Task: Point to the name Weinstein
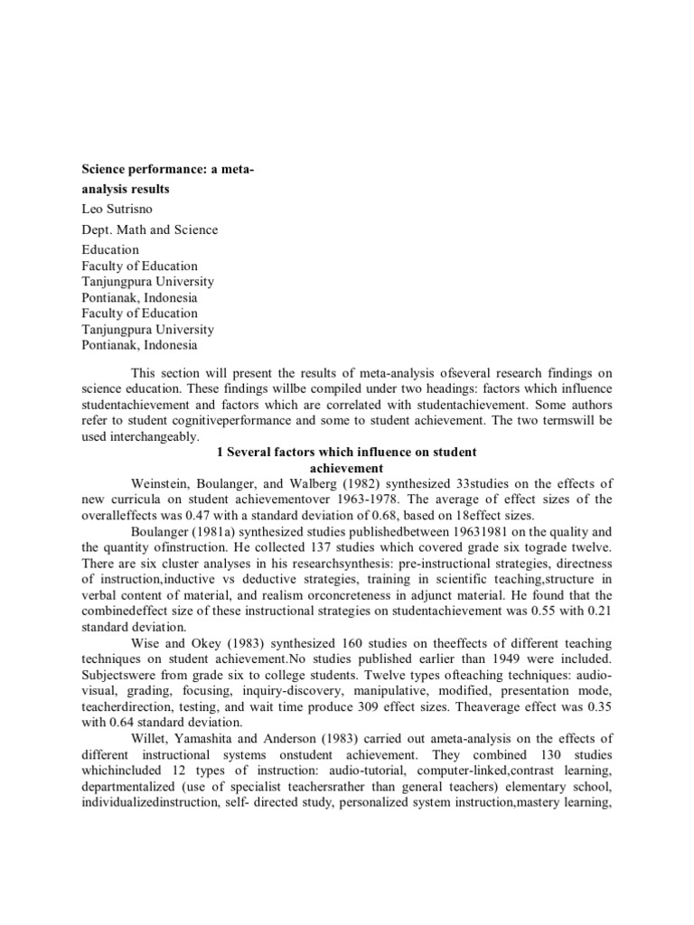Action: [x=163, y=483]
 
